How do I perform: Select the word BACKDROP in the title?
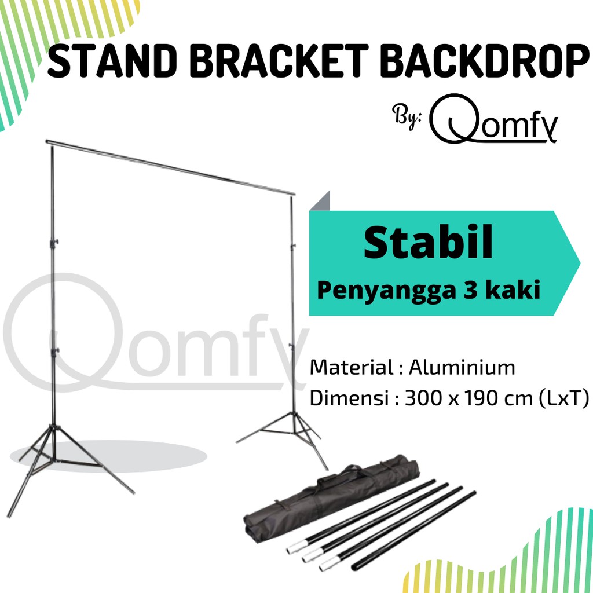[482, 62]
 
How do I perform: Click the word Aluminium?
[462, 367]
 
